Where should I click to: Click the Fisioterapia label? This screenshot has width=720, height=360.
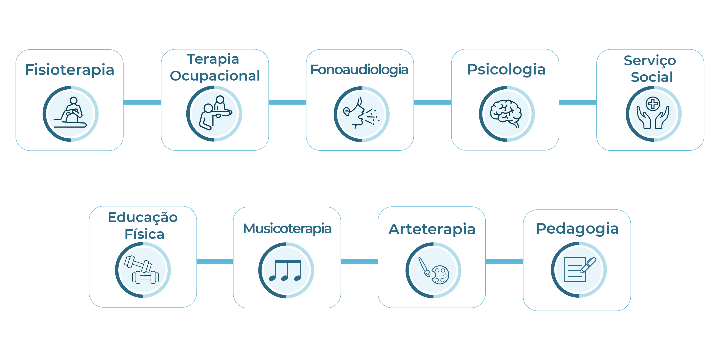point(70,70)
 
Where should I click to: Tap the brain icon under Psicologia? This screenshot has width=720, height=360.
point(506,113)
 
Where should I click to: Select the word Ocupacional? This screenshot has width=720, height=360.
point(215,76)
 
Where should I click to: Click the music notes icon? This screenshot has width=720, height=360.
point(285,270)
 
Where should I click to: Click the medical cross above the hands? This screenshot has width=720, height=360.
point(653,104)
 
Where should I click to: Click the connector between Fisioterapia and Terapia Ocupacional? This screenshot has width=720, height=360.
point(142,102)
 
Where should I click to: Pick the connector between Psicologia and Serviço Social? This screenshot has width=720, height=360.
point(578,102)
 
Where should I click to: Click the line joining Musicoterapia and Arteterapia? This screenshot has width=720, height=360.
point(359,261)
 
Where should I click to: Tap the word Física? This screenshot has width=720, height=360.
point(144,234)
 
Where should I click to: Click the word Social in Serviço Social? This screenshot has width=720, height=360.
point(652,77)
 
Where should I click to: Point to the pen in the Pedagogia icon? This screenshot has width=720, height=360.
point(588,265)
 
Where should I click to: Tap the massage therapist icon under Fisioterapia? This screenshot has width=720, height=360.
point(70,112)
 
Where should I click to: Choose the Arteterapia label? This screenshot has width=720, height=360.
point(432,229)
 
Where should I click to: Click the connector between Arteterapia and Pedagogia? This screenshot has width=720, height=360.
point(504,261)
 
